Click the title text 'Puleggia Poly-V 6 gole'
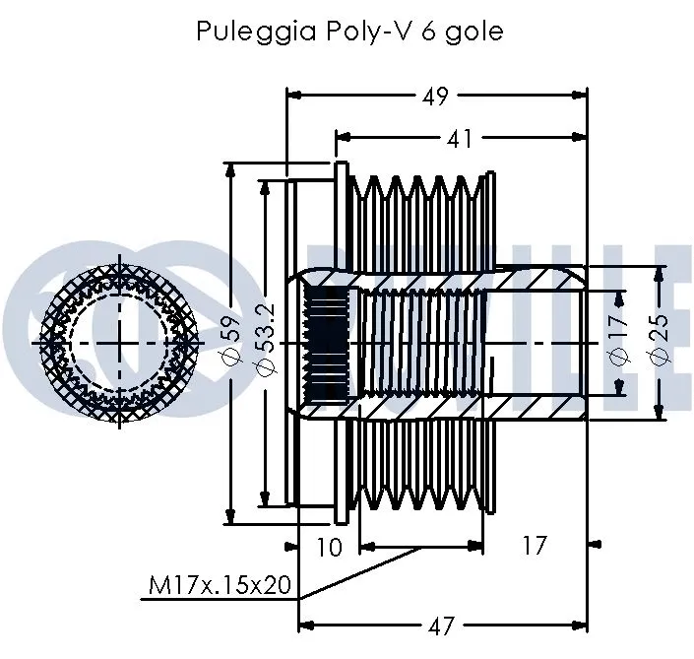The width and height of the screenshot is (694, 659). pos(349,32)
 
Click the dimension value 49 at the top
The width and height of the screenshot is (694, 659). pos(434,96)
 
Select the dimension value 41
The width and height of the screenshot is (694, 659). pos(459,139)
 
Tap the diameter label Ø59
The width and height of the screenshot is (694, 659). pos(231,343)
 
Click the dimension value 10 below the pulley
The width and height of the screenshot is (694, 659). pos(331,545)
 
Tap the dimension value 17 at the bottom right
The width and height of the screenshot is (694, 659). pos(533,545)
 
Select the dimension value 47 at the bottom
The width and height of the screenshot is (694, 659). pos(442,625)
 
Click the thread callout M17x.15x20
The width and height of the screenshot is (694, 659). pos(220,586)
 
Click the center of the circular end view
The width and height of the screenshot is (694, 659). pos(121,342)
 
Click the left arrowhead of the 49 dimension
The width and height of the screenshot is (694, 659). pos(292,96)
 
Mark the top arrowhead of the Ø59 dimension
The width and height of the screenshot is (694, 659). pos(231,170)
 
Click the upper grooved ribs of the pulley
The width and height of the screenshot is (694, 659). pos(418,202)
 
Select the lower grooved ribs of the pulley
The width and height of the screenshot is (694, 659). pos(418,483)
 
